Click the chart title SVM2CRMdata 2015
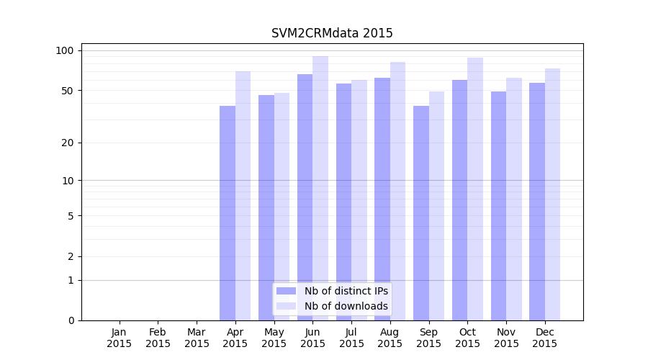pyautogui.click(x=332, y=33)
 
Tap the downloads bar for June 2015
pyautogui.click(x=320, y=188)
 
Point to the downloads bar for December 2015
pyautogui.click(x=552, y=194)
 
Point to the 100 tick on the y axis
pyautogui.click(x=65, y=50)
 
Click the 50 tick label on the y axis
pyautogui.click(x=68, y=91)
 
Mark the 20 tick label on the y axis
pyautogui.click(x=68, y=143)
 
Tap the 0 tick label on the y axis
pyautogui.click(x=71, y=320)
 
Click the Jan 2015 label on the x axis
pyautogui.click(x=120, y=338)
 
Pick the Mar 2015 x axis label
pyautogui.click(x=197, y=338)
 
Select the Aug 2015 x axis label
pyautogui.click(x=390, y=338)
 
